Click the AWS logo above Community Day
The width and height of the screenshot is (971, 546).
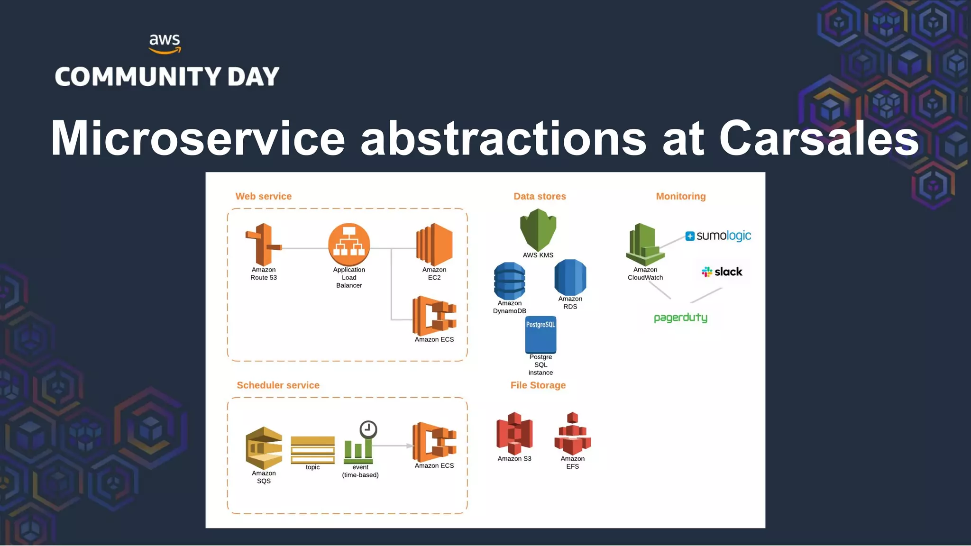(x=165, y=44)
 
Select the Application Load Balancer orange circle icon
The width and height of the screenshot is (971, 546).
(x=349, y=245)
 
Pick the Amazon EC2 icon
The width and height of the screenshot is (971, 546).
(x=434, y=245)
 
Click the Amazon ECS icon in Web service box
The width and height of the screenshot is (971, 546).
(x=434, y=316)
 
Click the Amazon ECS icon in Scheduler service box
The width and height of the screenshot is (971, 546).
(x=434, y=442)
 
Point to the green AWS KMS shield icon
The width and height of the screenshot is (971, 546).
(x=538, y=229)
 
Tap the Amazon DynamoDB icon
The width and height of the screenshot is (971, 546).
(x=510, y=281)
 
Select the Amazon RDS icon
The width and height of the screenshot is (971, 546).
(x=570, y=277)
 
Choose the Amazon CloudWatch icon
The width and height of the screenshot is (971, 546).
(x=645, y=245)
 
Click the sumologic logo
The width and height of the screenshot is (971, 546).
(x=718, y=236)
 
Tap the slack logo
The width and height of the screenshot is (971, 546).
(x=722, y=272)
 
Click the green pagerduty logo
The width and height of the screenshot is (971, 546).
(x=680, y=318)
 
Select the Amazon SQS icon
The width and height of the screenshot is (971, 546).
(x=264, y=448)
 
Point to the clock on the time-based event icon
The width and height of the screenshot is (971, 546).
(x=368, y=429)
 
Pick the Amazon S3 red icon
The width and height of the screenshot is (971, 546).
(x=514, y=434)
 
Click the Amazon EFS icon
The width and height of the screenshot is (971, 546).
(x=572, y=434)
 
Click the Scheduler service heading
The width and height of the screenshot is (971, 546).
(x=278, y=385)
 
